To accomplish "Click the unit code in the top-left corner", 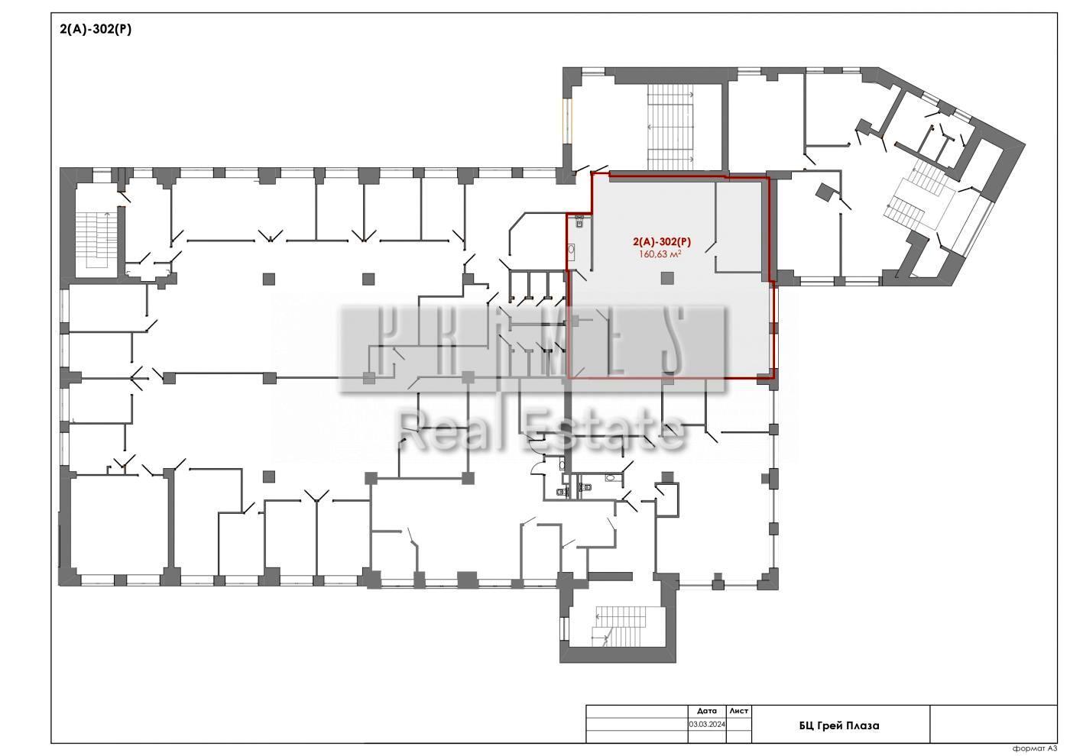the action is coord(96,30).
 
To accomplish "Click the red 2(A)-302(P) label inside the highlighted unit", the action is coord(662,242).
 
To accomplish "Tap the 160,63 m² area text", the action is coord(660,254).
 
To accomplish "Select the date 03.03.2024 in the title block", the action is coord(706,724).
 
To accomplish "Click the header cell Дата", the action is coord(706,711).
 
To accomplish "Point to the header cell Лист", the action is coord(738,711).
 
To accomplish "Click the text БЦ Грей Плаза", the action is coord(839,725).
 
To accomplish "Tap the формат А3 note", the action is coord(1035,748).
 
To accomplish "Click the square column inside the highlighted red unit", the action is coord(667,278).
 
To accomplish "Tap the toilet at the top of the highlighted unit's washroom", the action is coord(579,222).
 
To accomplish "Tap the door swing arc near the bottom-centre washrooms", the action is coord(537,467).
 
